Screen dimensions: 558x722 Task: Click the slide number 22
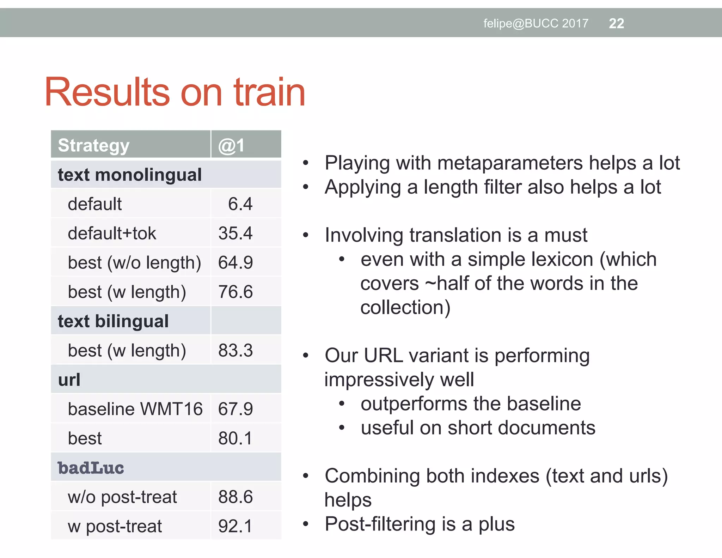coord(616,24)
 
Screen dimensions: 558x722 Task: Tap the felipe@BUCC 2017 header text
coord(536,24)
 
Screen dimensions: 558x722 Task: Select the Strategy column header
coord(94,145)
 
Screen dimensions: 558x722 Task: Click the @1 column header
coord(231,145)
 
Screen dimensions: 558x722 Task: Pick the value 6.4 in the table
coord(240,204)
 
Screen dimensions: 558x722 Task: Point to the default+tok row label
coord(112,233)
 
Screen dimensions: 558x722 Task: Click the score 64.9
coord(235,262)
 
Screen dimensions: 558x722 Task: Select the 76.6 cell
coord(235,292)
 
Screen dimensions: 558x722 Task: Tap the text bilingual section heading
coord(113,321)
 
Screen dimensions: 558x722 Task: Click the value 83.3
coord(235,350)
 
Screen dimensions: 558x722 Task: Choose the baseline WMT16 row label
coord(135,409)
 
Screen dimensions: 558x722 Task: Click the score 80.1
coord(235,438)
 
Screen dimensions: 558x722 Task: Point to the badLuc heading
coord(91,468)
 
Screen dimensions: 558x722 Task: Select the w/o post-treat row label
coord(122,497)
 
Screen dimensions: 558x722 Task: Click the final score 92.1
coord(235,526)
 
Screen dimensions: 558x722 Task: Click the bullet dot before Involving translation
coord(306,235)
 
